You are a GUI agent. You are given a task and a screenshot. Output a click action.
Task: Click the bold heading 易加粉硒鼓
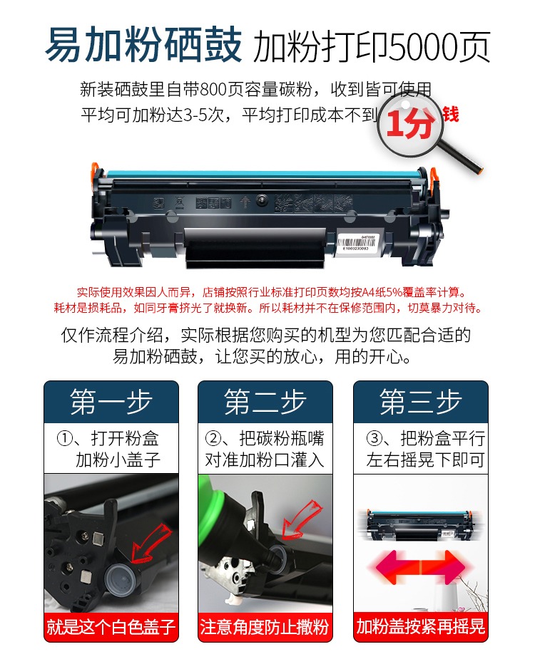pyautogui.click(x=143, y=45)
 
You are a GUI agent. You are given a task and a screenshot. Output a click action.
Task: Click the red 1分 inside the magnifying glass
pyautogui.click(x=410, y=124)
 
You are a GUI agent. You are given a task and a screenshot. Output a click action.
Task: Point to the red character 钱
pyautogui.click(x=451, y=115)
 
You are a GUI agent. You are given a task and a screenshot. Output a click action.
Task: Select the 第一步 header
pyautogui.click(x=111, y=402)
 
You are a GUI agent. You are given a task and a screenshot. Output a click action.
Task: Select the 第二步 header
pyautogui.click(x=265, y=402)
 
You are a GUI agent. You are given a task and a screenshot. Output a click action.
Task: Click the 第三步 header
pyautogui.click(x=421, y=402)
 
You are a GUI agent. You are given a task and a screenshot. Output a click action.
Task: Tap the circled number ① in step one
pyautogui.click(x=64, y=439)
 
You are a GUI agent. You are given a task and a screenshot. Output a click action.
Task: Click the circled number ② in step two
pyautogui.click(x=213, y=439)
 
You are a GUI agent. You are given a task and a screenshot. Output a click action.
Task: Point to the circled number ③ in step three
pyautogui.click(x=374, y=439)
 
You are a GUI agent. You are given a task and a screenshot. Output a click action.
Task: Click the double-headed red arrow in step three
pyautogui.click(x=420, y=567)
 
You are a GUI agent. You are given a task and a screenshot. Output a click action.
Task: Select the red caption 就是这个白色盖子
pyautogui.click(x=111, y=627)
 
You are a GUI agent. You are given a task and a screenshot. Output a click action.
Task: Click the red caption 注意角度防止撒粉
pyautogui.click(x=265, y=627)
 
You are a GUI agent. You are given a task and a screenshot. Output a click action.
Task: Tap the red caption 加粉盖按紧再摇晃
pyautogui.click(x=421, y=627)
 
